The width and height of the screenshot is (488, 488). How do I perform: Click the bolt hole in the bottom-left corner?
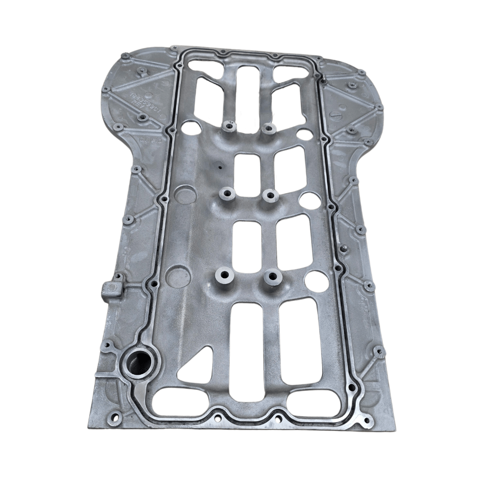[x=116, y=417]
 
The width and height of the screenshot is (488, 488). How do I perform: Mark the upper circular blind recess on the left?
[x=185, y=194]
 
